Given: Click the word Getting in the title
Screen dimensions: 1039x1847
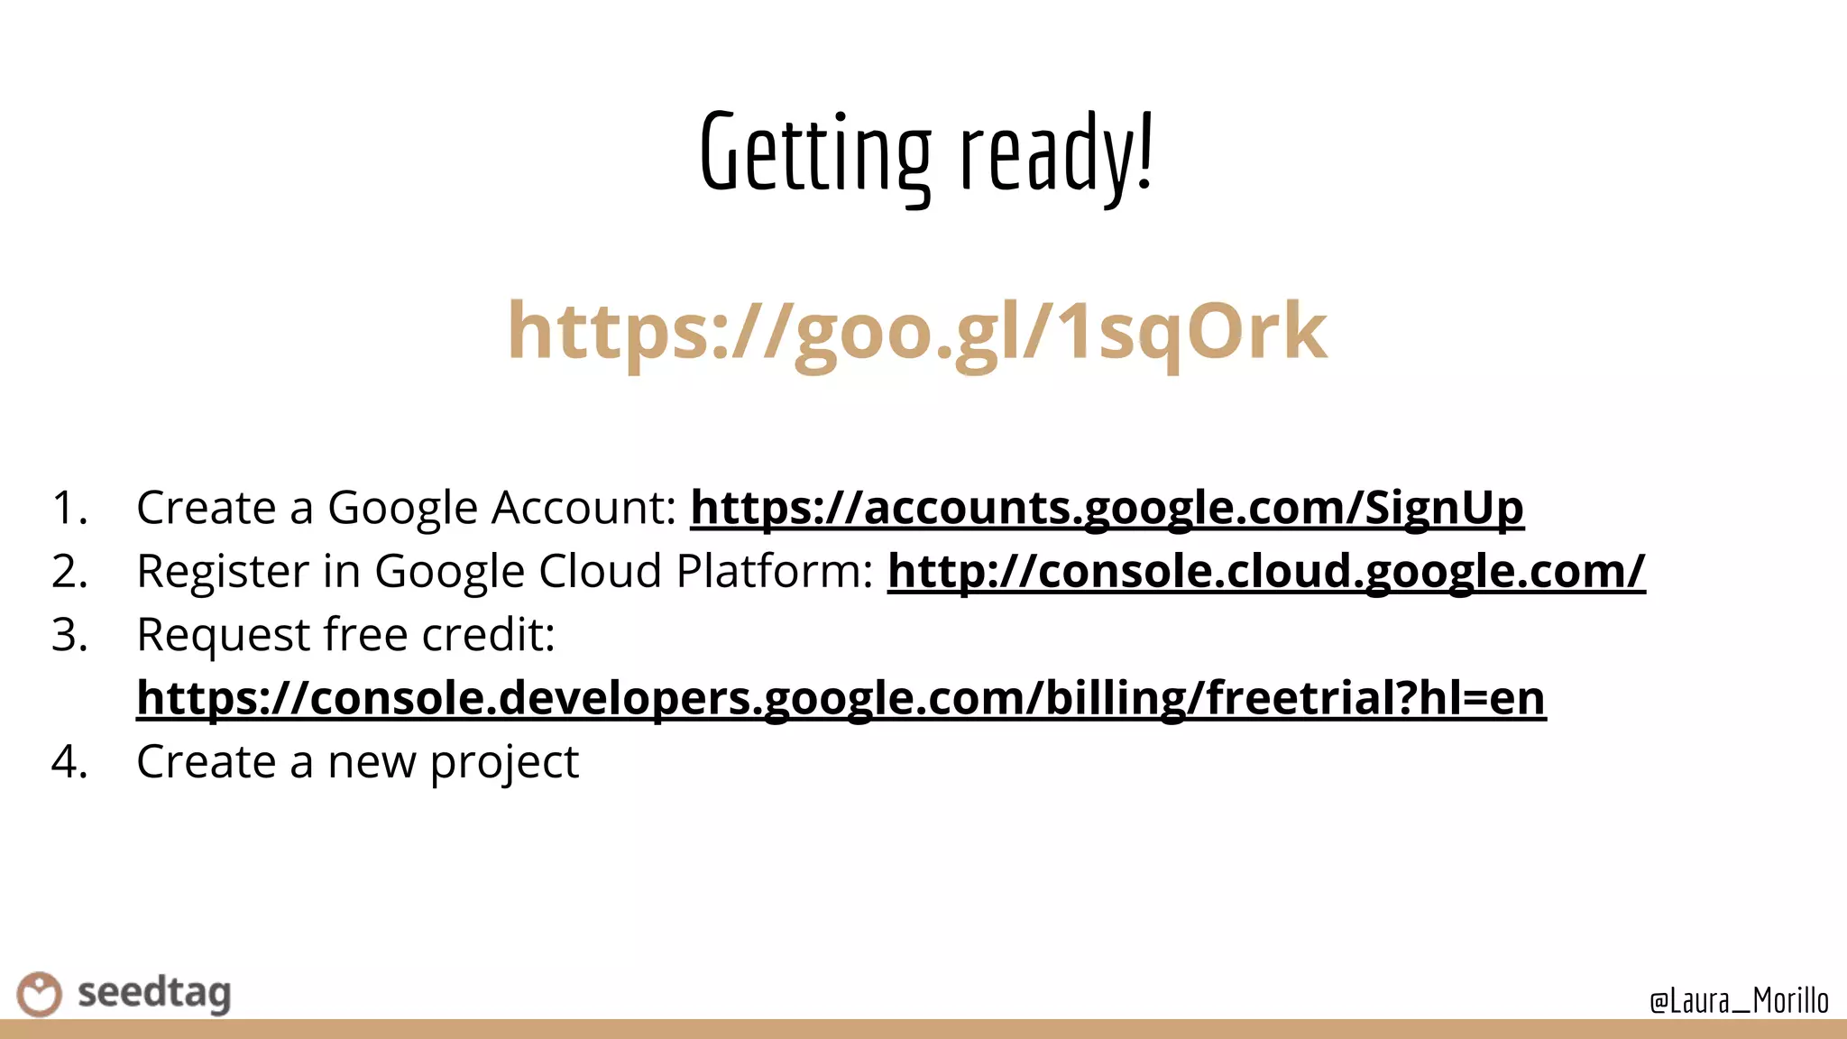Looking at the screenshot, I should tap(814, 153).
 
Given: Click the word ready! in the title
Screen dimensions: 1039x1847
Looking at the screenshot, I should tap(1056, 153).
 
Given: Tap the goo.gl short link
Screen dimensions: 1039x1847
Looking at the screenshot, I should tap(916, 331).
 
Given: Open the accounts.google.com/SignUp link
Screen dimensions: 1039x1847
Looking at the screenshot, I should tap(1107, 507).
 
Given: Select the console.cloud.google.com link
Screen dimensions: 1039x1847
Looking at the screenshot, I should tap(1266, 571).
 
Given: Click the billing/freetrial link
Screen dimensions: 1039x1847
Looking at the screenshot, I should tap(841, 698).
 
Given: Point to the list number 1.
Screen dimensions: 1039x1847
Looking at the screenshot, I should tap(69, 508).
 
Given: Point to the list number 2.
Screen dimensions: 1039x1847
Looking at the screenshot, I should tap(69, 572).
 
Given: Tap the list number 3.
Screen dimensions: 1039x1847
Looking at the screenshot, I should tap(69, 635).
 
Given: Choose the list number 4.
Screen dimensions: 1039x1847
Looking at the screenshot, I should tap(69, 762).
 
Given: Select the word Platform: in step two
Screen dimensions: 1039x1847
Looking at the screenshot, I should tap(775, 572).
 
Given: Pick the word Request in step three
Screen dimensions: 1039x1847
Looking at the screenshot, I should tap(223, 635).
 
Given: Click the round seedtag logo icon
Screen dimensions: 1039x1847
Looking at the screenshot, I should tap(39, 994).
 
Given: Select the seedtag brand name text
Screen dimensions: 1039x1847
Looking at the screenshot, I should tap(154, 993).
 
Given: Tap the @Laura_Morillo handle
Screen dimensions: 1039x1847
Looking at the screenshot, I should tap(1738, 1000).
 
